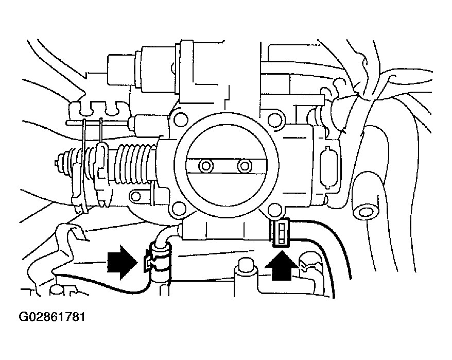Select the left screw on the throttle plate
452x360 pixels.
pos(206,166)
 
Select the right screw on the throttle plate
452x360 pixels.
pos(245,166)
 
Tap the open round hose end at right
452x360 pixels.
pos(366,211)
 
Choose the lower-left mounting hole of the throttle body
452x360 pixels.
pos(179,209)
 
